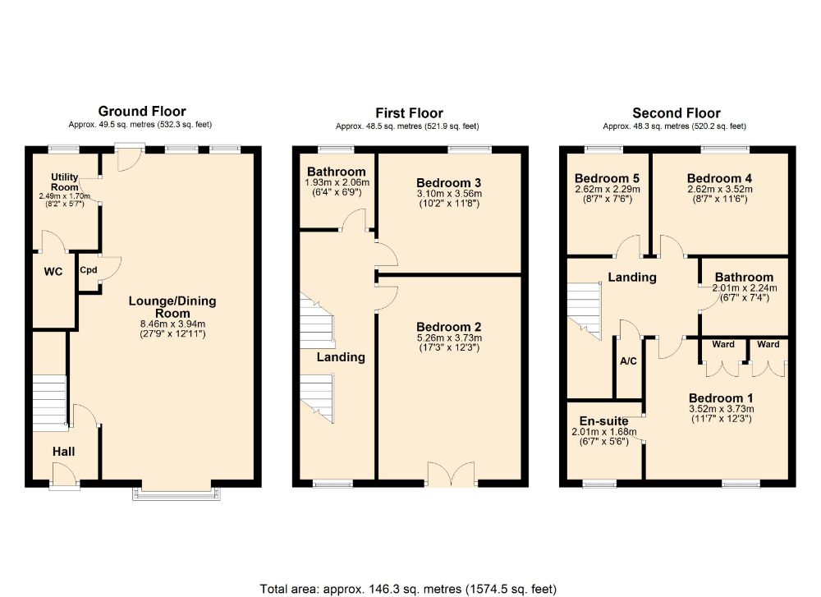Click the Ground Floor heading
pos(142,111)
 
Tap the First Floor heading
pos(409,113)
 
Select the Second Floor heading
pos(676,113)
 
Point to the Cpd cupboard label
pos(88,269)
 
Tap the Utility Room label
pos(64,182)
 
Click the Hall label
pos(64,452)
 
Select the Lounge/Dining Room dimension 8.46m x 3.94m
pos(172,324)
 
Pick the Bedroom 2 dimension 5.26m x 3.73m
pos(449,338)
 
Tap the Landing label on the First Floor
pos(341,357)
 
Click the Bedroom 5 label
pos(607,178)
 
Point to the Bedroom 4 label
pos(719,178)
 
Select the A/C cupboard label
pos(629,360)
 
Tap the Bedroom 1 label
pos(721,397)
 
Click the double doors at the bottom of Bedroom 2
pos(449,474)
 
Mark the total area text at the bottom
pos(409,588)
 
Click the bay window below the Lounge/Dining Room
pos(177,492)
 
